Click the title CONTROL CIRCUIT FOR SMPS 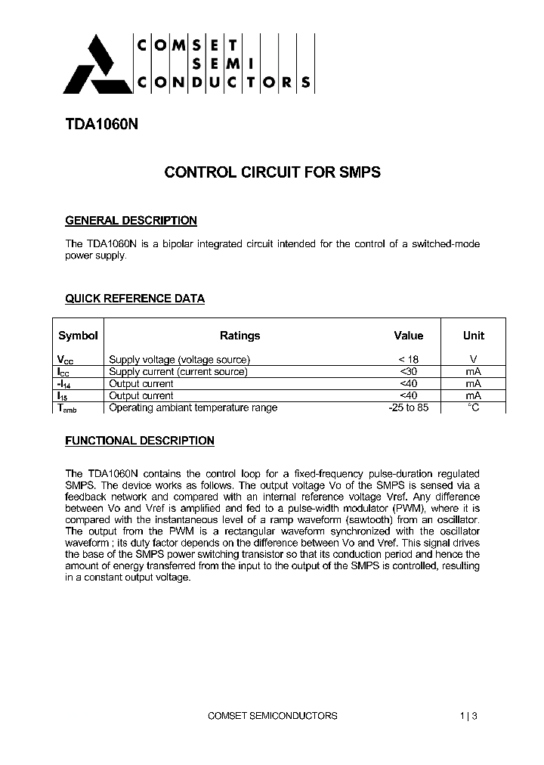tap(272, 172)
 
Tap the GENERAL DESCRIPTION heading tap(131, 221)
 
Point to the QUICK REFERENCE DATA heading tap(134, 299)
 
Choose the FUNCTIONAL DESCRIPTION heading tap(140, 440)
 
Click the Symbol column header tap(78, 336)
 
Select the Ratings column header tap(240, 336)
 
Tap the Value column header tap(409, 336)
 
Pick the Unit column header tap(474, 336)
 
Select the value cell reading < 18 tap(409, 359)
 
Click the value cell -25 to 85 tap(409, 407)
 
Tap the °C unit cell tap(474, 407)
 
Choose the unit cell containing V tap(474, 359)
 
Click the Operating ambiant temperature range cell tap(193, 407)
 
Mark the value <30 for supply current tap(409, 371)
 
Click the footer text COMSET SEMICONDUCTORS tap(272, 715)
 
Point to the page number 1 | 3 tap(468, 715)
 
